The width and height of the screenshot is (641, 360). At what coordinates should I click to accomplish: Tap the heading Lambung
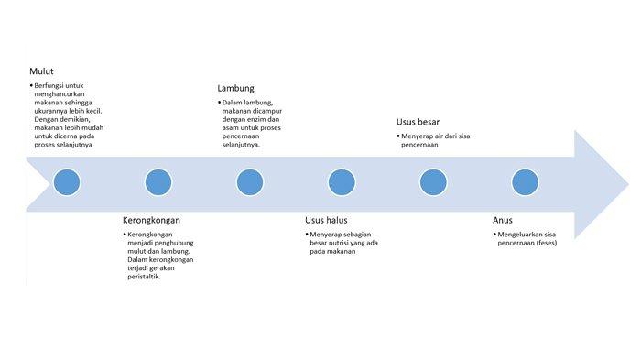coord(235,88)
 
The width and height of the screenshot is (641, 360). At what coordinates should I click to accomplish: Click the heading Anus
coord(503,220)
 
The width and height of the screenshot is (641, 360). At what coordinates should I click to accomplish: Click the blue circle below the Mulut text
coord(67,181)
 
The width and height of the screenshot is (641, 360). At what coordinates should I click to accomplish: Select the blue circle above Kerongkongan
coord(158,181)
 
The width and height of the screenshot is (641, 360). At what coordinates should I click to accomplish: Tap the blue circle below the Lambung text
coord(250,181)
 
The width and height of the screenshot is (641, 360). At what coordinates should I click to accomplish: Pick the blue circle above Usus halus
coord(342,181)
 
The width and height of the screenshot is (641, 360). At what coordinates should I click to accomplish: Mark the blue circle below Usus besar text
coord(433,181)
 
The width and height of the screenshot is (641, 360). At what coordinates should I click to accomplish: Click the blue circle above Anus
coord(525,181)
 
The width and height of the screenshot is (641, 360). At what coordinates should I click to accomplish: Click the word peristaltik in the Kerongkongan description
coord(144,276)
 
